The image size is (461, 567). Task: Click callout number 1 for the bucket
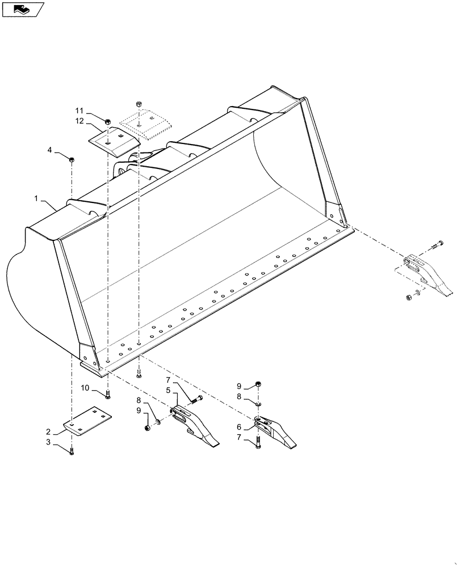click(x=35, y=199)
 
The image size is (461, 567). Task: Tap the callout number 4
click(x=50, y=150)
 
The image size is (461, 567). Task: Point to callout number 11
click(x=79, y=110)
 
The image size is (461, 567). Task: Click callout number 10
click(x=85, y=388)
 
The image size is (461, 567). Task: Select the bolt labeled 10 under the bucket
click(x=108, y=394)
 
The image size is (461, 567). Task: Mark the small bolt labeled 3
click(x=72, y=452)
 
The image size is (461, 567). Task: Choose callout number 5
click(x=168, y=391)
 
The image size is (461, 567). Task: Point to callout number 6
click(x=240, y=427)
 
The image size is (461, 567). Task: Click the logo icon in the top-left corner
click(x=23, y=9)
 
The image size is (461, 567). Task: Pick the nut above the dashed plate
click(x=138, y=104)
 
